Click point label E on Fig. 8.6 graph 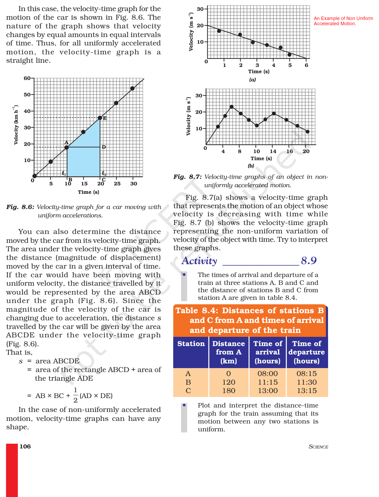point(105,118)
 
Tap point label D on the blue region point(104,147)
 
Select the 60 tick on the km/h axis point(27,78)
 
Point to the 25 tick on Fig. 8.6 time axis point(117,184)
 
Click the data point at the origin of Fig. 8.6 point(34,176)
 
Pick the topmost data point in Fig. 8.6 point(133,88)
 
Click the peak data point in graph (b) point(231,107)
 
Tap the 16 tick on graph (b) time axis point(289,151)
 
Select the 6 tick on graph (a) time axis point(306,65)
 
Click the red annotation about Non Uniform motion point(343,21)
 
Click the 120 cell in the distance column point(229,382)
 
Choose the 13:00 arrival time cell point(268,391)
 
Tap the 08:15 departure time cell point(307,374)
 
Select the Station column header point(191,344)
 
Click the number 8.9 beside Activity point(309,261)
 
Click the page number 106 point(25,447)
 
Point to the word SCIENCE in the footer point(318,447)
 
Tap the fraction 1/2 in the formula point(75,395)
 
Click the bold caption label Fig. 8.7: point(187,177)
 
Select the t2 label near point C point(104,173)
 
